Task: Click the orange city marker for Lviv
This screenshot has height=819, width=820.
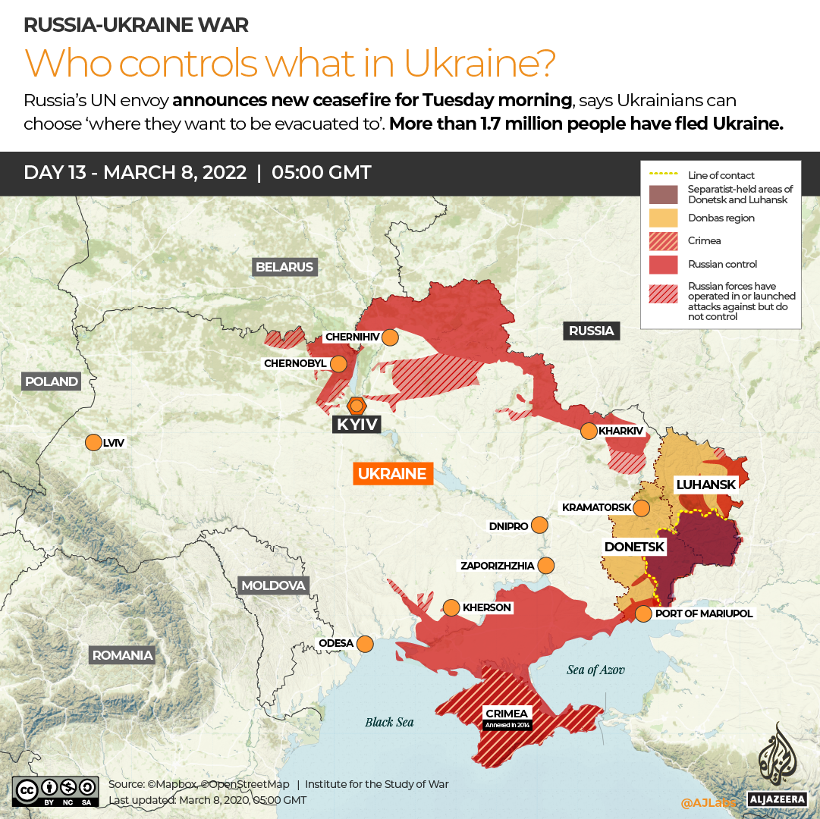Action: point(93,442)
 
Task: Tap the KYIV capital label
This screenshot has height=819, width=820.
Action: point(357,424)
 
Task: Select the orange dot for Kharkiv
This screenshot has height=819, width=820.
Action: point(589,431)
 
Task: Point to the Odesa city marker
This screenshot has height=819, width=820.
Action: point(365,644)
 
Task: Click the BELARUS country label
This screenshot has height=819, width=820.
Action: point(284,267)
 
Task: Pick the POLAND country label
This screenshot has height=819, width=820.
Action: point(51,381)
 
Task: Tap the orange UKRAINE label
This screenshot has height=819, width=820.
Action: point(392,474)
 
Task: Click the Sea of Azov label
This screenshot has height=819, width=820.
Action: point(595,670)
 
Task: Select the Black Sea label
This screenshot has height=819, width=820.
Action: point(389,722)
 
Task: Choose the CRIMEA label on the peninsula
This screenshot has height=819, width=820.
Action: point(507,714)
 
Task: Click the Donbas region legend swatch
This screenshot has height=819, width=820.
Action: point(664,218)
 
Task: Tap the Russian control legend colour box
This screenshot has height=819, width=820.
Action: point(664,264)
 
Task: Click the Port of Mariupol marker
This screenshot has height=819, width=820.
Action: point(643,613)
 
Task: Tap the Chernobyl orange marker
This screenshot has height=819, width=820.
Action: point(338,364)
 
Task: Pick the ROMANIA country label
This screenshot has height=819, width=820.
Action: point(122,655)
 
